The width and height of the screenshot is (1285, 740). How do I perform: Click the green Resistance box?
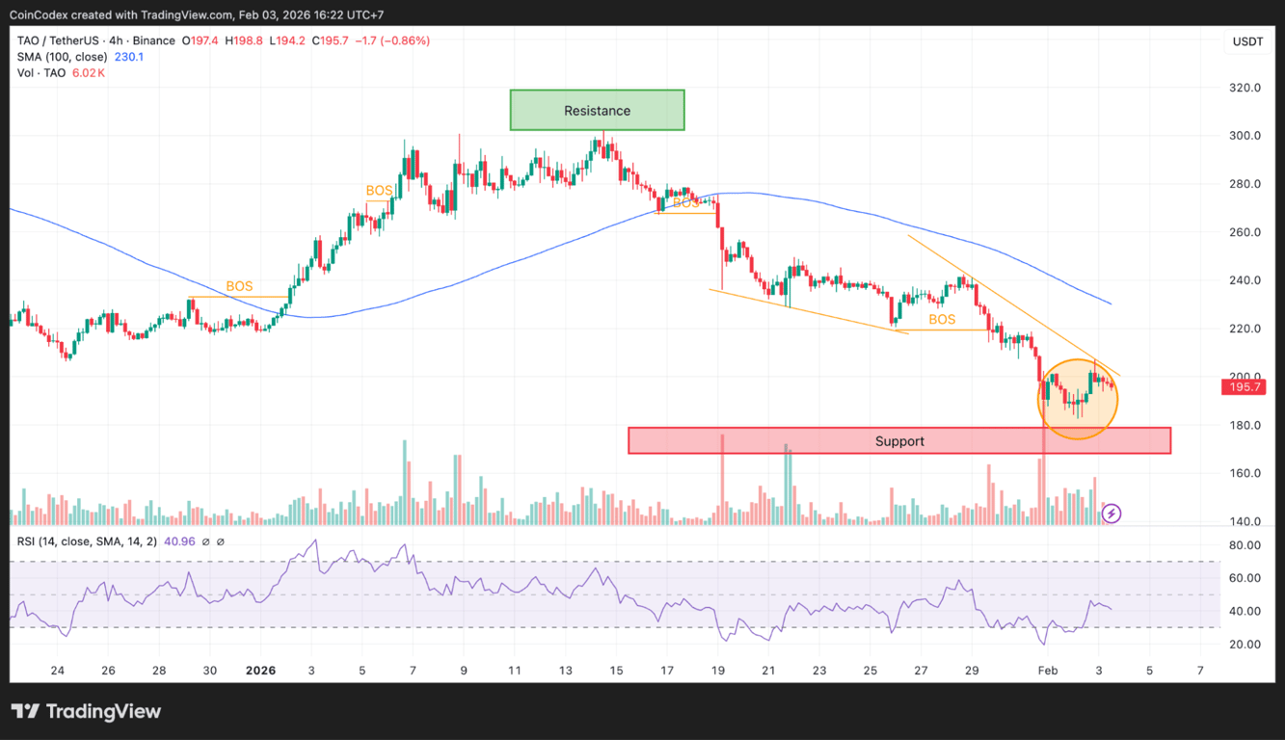tap(597, 111)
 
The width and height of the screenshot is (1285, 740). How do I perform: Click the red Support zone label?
tap(899, 441)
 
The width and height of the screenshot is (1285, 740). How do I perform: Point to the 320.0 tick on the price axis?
tap(1246, 88)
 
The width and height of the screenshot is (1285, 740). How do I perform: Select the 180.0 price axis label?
tap(1246, 425)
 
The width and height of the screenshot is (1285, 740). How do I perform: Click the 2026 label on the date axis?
tap(260, 671)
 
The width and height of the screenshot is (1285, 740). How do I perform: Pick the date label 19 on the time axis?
tap(718, 671)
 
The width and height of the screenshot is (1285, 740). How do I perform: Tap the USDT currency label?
tap(1247, 41)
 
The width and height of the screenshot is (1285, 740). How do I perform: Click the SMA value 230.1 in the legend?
tap(128, 57)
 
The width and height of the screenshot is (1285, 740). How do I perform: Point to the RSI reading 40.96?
tap(178, 542)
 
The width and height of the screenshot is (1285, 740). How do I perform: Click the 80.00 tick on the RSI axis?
tap(1245, 545)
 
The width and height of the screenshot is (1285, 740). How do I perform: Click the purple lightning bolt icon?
tap(1111, 514)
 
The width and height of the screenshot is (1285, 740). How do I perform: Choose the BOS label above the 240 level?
tap(239, 286)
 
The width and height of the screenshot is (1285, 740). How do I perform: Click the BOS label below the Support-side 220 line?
tap(942, 319)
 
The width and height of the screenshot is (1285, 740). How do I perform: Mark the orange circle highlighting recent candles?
tap(1078, 399)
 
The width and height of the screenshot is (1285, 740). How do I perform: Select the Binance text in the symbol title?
tap(153, 40)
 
